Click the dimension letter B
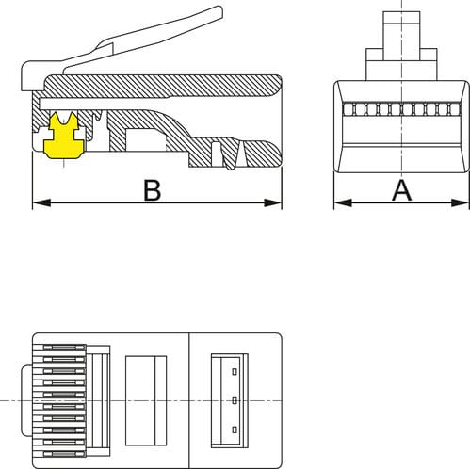point(153,190)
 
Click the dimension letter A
point(401,190)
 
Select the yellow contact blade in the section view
point(64,137)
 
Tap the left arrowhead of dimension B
point(41,202)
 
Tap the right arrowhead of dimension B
point(273,202)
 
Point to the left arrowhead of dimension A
point(343,202)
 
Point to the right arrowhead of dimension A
point(460,202)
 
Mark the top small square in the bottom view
point(235,372)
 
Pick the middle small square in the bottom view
point(235,400)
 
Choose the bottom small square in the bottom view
point(235,429)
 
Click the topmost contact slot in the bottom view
point(64,348)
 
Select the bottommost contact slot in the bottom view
point(64,454)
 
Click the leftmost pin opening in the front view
point(348,109)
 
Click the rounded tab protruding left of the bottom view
point(26,400)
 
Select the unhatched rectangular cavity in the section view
point(145,139)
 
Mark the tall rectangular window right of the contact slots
point(146,400)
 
